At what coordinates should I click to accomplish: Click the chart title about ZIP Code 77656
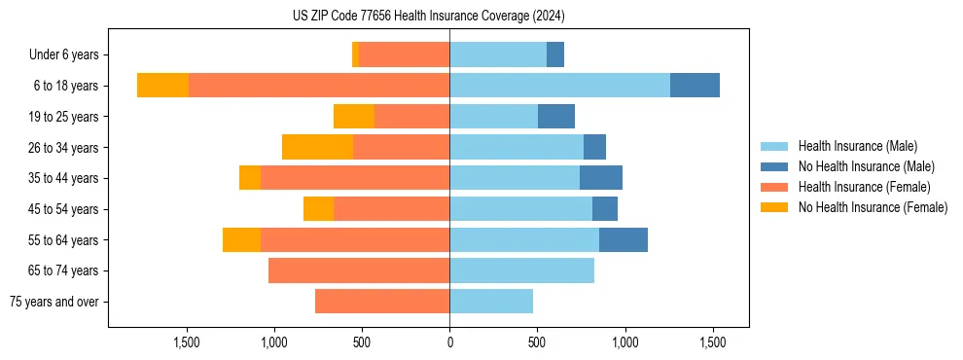coord(428,16)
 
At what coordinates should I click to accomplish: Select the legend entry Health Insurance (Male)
coord(857,146)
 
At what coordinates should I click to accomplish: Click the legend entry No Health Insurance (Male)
coord(866,166)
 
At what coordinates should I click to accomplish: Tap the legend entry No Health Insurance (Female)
coord(873,207)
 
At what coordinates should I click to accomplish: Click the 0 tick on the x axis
coord(449,342)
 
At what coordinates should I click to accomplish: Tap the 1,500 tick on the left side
coord(187,342)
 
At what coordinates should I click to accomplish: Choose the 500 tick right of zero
coord(537,342)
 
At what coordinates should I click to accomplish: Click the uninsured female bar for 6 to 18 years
coord(162,86)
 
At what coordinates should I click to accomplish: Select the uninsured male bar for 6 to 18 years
coord(695,86)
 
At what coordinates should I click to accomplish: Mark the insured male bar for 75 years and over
coord(491,302)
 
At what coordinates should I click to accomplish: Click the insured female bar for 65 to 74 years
coord(359,270)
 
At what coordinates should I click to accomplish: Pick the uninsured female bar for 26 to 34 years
coord(317,147)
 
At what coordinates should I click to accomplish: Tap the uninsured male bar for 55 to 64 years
coord(624,240)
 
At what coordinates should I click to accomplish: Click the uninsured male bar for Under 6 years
coord(555,54)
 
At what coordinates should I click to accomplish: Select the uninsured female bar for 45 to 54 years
coord(318,209)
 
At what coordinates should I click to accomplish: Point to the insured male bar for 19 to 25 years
coord(493,117)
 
